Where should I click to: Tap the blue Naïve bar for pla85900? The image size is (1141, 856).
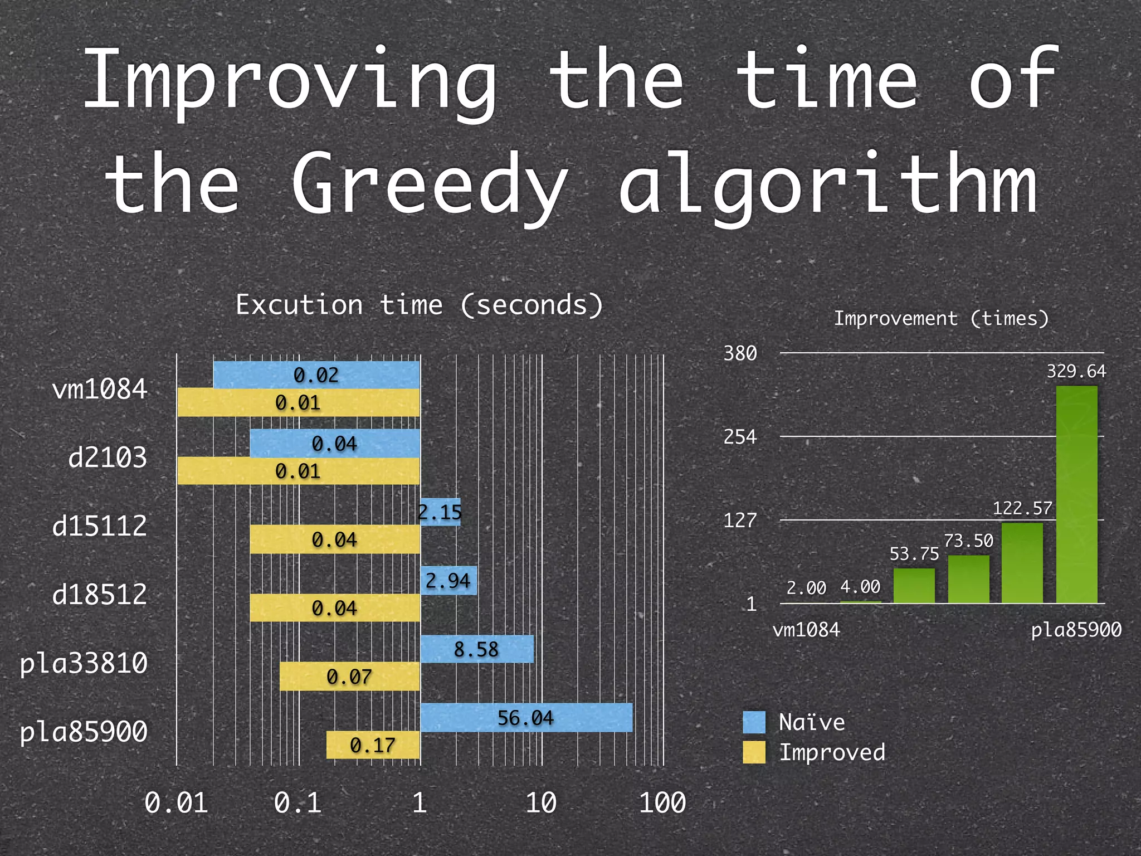(526, 717)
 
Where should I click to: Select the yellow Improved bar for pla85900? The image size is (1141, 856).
(373, 745)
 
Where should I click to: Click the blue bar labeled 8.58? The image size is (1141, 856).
(476, 649)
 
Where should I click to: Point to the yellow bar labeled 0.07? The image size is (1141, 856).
(349, 676)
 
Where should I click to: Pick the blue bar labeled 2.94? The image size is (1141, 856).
(448, 580)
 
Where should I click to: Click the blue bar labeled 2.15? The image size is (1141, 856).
(440, 512)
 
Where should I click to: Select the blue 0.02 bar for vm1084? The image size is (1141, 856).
(316, 374)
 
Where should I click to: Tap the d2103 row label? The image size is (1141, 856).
(108, 458)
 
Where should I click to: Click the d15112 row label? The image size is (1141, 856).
(100, 526)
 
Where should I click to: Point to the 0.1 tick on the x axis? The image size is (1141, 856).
(298, 803)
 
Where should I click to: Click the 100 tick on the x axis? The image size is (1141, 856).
(662, 803)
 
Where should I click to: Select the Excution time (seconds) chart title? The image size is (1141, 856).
(419, 305)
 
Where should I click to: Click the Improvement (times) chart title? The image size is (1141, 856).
(941, 318)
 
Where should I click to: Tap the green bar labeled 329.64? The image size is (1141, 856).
(1076, 494)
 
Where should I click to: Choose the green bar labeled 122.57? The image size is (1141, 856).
(1022, 563)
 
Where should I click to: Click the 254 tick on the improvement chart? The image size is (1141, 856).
(740, 436)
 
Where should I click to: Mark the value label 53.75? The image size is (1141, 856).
(914, 553)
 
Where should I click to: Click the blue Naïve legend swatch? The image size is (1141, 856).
(754, 722)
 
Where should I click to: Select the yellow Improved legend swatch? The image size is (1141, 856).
(754, 752)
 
